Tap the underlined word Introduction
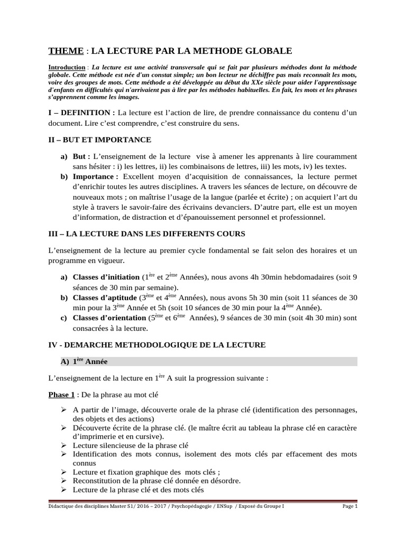[x=67, y=68]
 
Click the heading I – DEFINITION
[x=81, y=113]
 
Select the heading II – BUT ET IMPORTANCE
[x=100, y=139]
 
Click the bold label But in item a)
[x=81, y=157]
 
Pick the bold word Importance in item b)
[x=94, y=176]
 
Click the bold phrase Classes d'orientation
[x=109, y=318]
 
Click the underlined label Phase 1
[x=59, y=395]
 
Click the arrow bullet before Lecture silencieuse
[x=63, y=445]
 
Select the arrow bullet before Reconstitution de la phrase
[x=63, y=480]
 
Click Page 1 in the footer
[x=349, y=506]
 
